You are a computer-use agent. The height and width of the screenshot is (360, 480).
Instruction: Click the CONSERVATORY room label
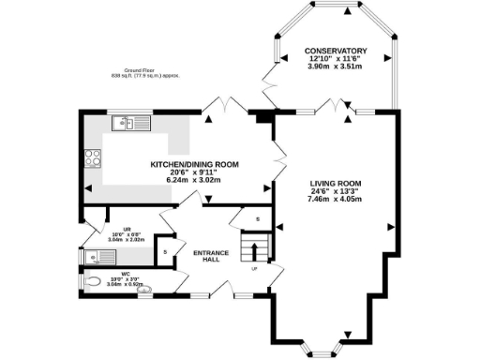pos(334,51)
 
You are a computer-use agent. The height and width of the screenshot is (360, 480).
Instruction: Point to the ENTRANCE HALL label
pos(205,256)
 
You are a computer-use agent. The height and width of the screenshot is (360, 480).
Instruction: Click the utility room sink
pos(97,256)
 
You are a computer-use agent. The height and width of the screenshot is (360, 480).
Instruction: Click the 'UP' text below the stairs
pos(254,269)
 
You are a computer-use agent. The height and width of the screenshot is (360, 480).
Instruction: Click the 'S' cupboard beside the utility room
pos(165,251)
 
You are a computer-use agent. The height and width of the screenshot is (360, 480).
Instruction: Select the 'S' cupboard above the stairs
pos(259,219)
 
